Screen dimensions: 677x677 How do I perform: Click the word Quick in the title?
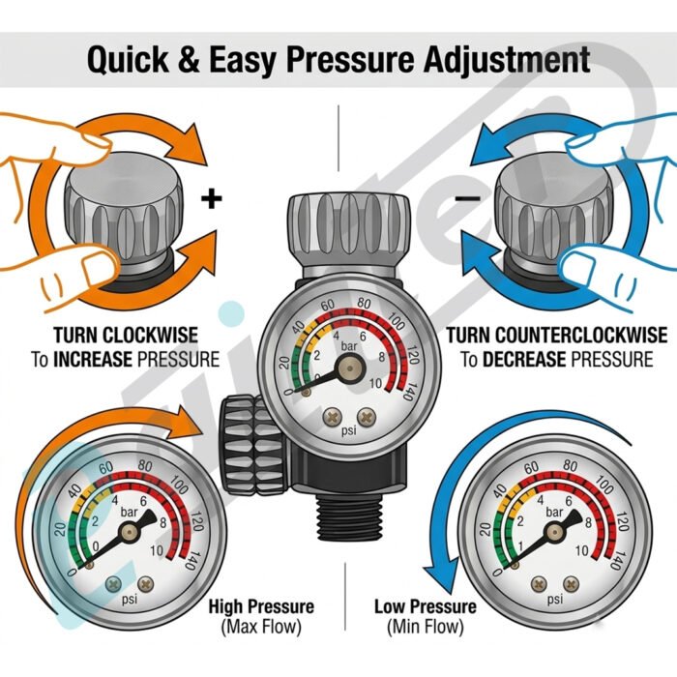128,60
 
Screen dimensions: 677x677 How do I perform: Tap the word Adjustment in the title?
507,59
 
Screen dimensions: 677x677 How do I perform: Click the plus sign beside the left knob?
212,199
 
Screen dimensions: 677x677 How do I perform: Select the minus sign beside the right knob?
467,198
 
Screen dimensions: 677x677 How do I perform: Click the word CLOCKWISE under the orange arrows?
150,335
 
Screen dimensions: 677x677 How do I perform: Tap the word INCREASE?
93,359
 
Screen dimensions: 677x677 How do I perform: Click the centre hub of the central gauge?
350,368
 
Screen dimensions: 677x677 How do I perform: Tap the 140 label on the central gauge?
407,391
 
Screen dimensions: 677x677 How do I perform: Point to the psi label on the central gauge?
349,431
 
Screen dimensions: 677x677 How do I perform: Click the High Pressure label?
261,606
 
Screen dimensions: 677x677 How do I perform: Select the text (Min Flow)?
426,627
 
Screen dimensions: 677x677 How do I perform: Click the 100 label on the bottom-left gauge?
179,485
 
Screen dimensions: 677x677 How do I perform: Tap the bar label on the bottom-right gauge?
554,512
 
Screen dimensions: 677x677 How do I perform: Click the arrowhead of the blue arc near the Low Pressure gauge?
439,576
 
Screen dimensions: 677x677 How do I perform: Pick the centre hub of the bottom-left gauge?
129,532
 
